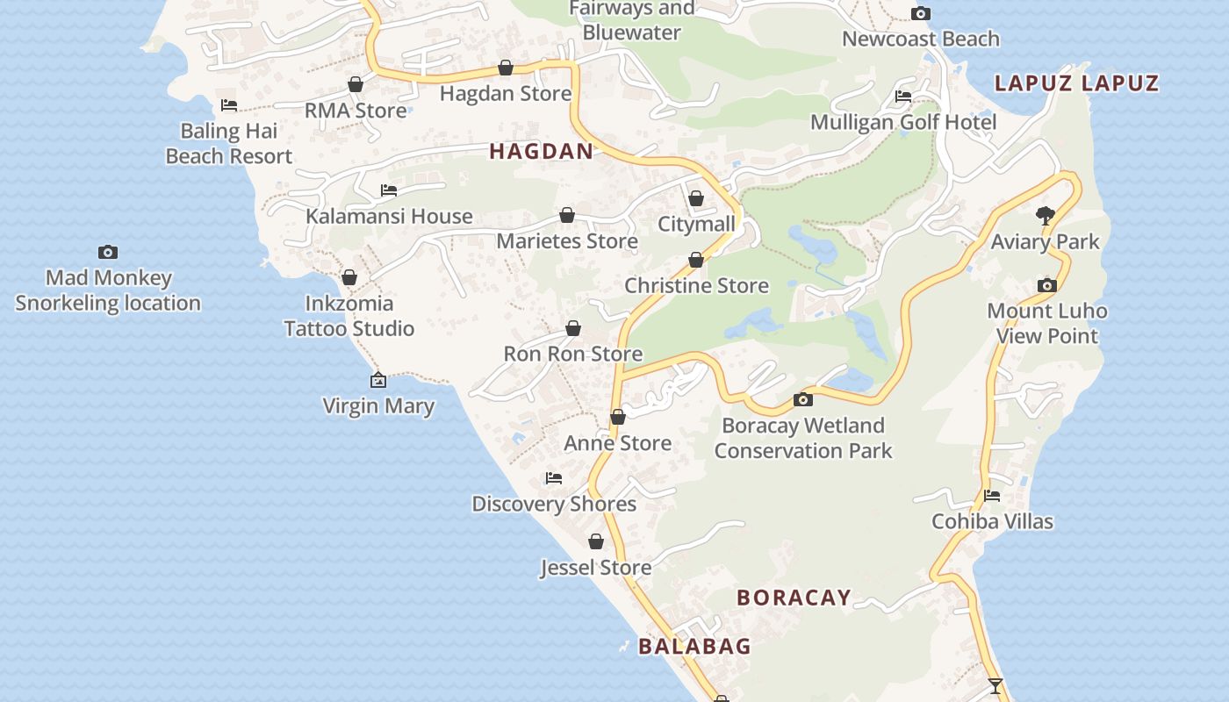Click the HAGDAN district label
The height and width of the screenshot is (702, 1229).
tap(541, 151)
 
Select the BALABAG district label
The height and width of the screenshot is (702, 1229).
tap(694, 647)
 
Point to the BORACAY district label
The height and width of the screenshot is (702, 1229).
tap(794, 598)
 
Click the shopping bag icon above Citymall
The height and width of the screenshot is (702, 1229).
tap(696, 198)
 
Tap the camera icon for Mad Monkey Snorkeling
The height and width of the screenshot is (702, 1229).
tap(108, 252)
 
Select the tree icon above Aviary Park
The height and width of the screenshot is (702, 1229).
tap(1045, 215)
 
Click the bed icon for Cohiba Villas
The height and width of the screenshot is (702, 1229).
tap(992, 496)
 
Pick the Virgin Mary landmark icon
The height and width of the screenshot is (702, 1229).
tap(378, 380)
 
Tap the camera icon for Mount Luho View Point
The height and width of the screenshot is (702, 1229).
tap(1046, 285)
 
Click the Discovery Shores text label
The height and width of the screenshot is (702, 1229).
tap(554, 504)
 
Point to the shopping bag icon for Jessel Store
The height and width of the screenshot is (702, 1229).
tap(596, 541)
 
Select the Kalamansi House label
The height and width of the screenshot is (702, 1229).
tap(389, 216)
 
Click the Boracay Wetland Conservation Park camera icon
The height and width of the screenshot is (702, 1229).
tap(802, 400)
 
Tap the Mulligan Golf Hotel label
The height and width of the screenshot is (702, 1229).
tap(903, 122)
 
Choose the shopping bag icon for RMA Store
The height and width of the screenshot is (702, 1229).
tap(356, 84)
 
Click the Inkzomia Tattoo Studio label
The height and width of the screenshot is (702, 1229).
tap(349, 316)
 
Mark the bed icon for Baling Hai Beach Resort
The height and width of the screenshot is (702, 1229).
tap(229, 105)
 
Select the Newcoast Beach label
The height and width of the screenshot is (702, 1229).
tap(921, 39)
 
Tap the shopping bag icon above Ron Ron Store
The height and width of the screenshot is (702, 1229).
tap(573, 328)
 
